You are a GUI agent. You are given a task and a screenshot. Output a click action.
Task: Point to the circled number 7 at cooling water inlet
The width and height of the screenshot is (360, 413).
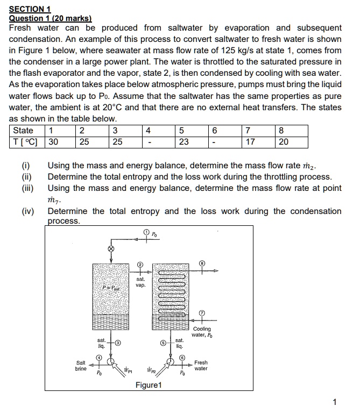click(x=202, y=312)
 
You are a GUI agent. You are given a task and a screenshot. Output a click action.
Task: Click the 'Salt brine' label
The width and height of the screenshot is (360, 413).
click(x=81, y=366)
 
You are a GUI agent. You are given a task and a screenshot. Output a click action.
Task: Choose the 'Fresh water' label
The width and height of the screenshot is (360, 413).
click(x=201, y=366)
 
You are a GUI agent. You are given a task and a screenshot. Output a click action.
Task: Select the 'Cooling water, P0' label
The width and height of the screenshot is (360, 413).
click(x=202, y=332)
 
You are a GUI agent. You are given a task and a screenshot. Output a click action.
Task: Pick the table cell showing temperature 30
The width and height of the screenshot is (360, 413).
click(x=53, y=142)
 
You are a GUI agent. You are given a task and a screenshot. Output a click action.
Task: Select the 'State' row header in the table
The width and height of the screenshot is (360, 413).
click(x=23, y=131)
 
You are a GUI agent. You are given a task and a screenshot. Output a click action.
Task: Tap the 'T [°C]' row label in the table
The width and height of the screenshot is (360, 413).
click(x=27, y=142)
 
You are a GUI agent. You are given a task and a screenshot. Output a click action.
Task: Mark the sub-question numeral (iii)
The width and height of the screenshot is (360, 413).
click(x=27, y=188)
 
